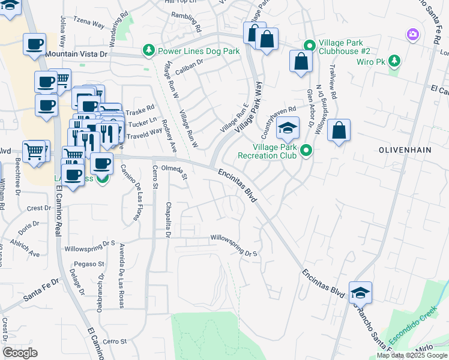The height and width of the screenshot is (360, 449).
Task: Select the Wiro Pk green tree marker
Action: (394, 61)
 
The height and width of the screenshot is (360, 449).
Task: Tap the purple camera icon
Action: (412, 34)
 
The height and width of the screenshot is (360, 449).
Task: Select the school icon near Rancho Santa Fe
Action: (360, 293)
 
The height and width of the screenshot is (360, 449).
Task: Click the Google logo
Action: (20, 353)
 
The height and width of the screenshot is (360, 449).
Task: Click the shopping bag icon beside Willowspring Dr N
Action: (339, 131)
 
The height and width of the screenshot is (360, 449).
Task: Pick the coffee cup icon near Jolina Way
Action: (34, 44)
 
